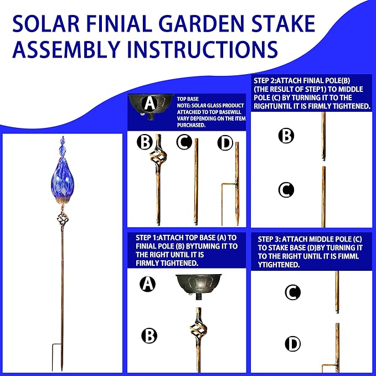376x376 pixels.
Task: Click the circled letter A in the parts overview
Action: (148, 104)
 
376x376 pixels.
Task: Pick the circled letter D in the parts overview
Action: (224, 143)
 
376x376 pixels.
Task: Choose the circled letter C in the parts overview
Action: (184, 143)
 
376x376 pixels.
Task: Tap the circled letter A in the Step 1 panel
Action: (148, 284)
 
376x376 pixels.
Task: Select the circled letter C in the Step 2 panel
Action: (286, 190)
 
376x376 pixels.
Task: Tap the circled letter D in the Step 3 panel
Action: (292, 344)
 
